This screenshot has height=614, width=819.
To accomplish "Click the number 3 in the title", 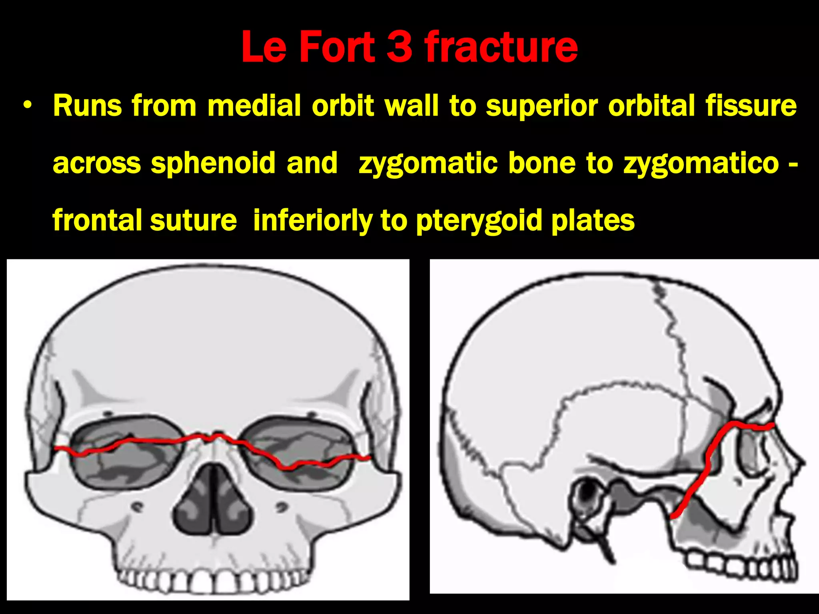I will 400,47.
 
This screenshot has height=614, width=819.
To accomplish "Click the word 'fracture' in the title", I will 501,47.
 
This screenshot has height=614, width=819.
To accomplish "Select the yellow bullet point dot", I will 27,106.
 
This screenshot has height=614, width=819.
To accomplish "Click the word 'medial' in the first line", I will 254,106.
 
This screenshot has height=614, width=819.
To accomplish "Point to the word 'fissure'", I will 751,106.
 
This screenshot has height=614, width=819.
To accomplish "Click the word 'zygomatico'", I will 701,164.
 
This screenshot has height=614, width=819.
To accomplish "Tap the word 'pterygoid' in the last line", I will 479,221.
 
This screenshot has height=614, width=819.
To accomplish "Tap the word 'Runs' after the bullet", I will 88,106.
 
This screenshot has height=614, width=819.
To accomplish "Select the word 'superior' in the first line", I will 541,107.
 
